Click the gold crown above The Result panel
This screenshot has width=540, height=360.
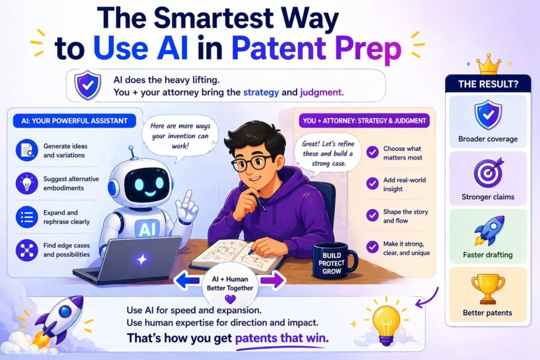[488, 64]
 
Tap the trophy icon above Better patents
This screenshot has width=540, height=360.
[488, 289]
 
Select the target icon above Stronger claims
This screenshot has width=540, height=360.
[488, 173]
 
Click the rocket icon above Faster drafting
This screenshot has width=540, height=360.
[489, 230]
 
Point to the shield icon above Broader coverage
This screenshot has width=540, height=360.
[488, 115]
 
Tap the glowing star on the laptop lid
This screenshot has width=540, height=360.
[142, 259]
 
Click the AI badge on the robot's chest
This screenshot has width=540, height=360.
[148, 229]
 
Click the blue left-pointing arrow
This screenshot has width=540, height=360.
[188, 280]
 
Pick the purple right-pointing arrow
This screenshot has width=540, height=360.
[272, 280]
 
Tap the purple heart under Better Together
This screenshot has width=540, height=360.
[230, 298]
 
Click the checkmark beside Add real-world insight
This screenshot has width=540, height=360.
[372, 184]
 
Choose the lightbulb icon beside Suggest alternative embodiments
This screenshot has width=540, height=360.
[27, 183]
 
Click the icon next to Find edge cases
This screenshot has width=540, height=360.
[27, 250]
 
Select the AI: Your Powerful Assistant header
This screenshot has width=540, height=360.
[74, 121]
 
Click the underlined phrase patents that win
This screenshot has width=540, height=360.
[282, 338]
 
